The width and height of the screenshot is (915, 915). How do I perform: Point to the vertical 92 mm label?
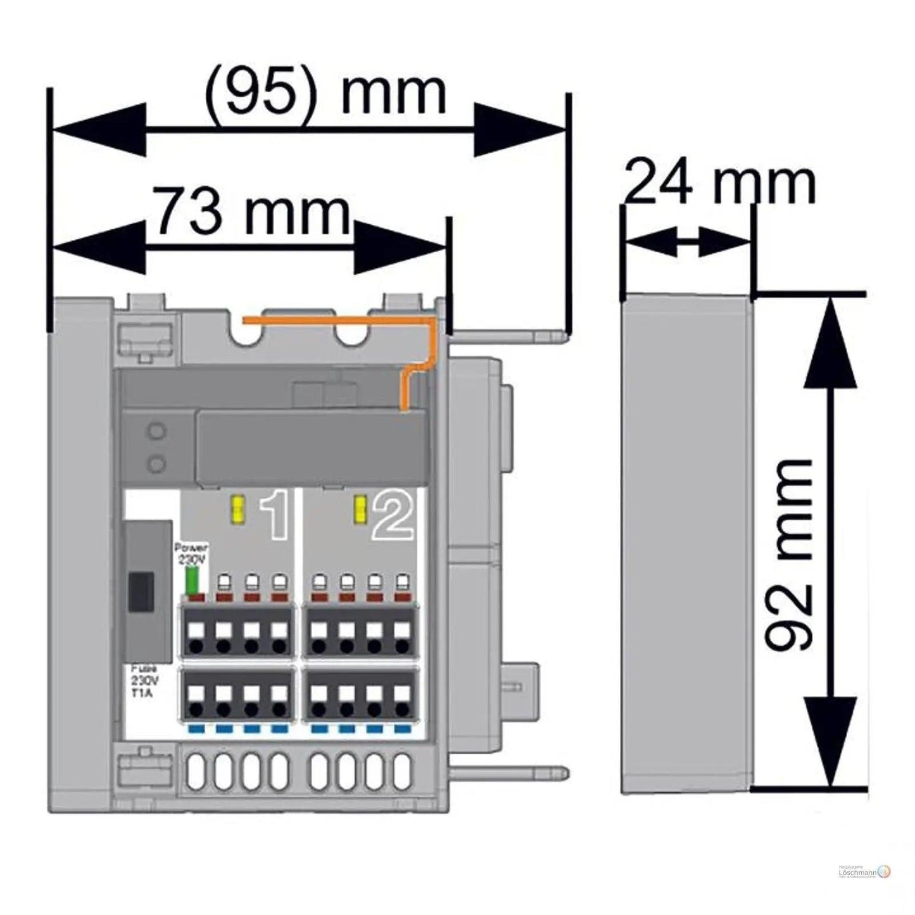pyautogui.click(x=788, y=555)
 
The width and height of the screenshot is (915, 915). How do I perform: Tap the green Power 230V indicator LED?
pyautogui.click(x=192, y=581)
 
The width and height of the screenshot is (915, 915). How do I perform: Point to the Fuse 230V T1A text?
pyautogui.click(x=145, y=681)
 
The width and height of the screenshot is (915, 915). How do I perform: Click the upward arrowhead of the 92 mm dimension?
pyautogui.click(x=830, y=342)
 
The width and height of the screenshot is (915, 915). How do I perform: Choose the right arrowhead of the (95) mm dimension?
pyautogui.click(x=519, y=129)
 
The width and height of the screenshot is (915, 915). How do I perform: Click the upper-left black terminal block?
pyautogui.click(x=238, y=631)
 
